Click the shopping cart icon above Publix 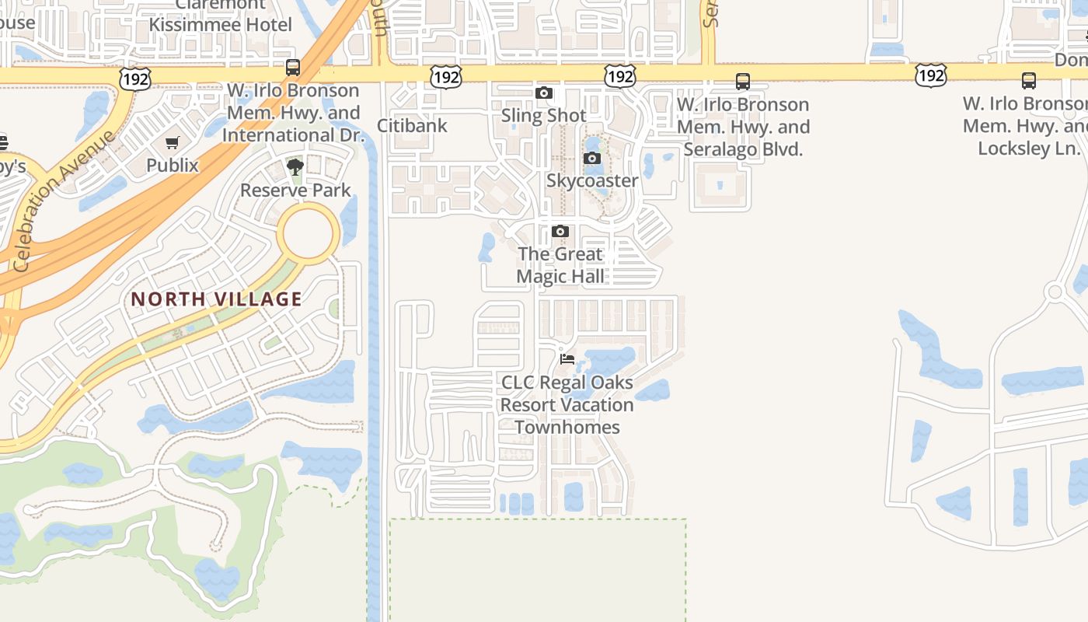[173, 142]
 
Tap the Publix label [173, 165]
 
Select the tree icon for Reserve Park [295, 166]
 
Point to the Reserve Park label [295, 190]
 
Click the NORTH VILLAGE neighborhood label [216, 299]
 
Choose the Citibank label [412, 125]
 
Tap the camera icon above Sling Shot [544, 93]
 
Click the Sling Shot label [544, 115]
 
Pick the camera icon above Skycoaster [592, 159]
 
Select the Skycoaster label [592, 180]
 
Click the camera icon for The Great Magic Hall [560, 232]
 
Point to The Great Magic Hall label [560, 264]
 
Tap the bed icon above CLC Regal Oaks [567, 359]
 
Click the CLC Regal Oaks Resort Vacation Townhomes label [567, 404]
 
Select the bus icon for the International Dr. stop [293, 68]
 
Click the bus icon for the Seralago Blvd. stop [743, 81]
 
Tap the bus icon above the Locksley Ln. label [1029, 80]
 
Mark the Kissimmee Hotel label [221, 24]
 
